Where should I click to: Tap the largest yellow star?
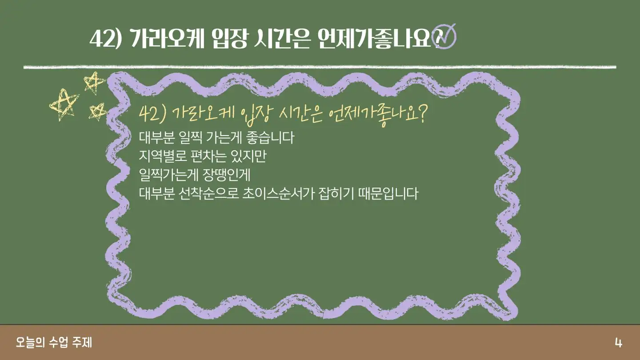point(64,105)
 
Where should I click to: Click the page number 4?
point(618,342)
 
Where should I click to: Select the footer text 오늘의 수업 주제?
point(54,342)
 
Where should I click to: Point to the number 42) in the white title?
point(106,39)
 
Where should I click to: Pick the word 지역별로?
point(163,156)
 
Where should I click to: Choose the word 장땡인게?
point(227,175)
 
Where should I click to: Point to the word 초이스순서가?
point(278,193)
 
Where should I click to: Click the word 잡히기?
point(336,193)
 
